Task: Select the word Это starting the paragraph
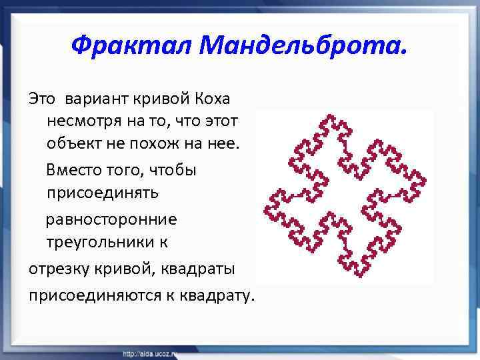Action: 42,99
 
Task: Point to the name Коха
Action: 213,99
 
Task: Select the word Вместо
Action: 73,171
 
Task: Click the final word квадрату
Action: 217,293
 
